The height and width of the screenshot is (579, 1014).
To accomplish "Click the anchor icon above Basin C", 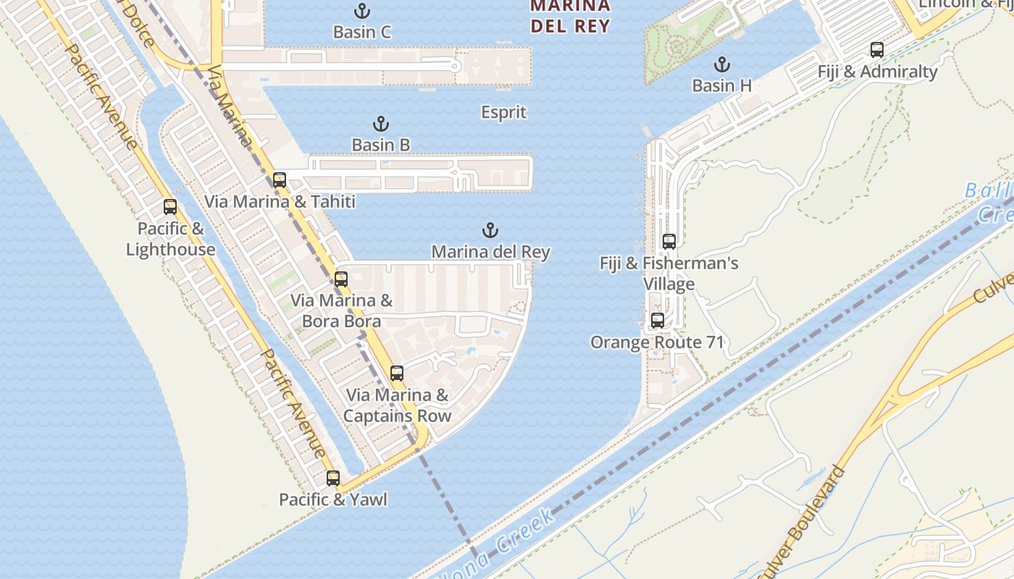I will [361, 11].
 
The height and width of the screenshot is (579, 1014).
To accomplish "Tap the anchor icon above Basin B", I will [381, 124].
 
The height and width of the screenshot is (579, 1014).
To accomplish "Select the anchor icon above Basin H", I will [721, 64].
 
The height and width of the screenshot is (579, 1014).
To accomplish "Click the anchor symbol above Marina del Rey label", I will [490, 231].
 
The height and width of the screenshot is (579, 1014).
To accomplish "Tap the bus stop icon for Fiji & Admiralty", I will [876, 50].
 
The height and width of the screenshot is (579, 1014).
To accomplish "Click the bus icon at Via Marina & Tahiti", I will [280, 179].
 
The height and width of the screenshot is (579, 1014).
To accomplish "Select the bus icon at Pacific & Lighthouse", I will [170, 207].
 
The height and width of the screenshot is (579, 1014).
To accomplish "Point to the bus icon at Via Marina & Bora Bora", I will [341, 279].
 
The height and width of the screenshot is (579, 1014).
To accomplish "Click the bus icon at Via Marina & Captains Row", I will [397, 373].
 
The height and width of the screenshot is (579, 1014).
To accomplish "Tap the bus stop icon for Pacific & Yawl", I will [333, 478].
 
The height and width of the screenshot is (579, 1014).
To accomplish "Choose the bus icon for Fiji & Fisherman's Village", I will [669, 242].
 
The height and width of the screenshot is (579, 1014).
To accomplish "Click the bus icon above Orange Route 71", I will [658, 320].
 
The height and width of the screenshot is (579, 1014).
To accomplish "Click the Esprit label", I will [503, 112].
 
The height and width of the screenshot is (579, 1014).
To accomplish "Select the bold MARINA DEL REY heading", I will [570, 16].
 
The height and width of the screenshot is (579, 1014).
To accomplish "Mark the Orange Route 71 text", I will [657, 342].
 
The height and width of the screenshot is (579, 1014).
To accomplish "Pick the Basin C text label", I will [362, 32].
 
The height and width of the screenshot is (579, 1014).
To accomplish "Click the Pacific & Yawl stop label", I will [333, 499].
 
